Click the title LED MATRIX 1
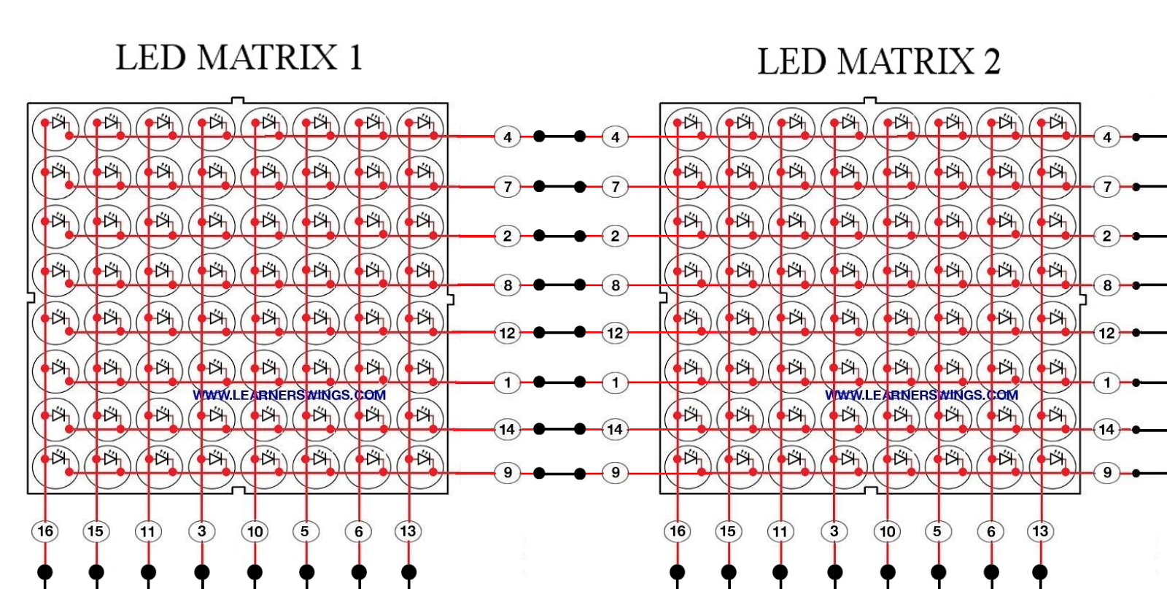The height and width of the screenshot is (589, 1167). (x=239, y=58)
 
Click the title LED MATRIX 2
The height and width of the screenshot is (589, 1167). (x=878, y=61)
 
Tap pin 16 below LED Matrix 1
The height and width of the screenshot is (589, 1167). (x=45, y=531)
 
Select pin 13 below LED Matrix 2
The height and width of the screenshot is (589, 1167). (x=1040, y=531)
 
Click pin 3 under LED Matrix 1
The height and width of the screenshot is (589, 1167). (x=202, y=531)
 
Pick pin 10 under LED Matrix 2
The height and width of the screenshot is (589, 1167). (x=887, y=531)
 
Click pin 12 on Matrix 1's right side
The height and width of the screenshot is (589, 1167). (x=507, y=334)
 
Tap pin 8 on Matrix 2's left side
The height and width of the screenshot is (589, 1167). (x=615, y=285)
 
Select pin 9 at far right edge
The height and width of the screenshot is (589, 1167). (x=1107, y=472)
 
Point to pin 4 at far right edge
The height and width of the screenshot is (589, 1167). (x=1107, y=137)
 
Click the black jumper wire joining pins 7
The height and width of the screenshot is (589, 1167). (x=559, y=187)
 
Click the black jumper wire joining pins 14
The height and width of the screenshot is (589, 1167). (x=559, y=429)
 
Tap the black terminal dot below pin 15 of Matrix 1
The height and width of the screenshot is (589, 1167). (x=96, y=571)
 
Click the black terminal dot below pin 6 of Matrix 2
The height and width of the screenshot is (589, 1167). (x=990, y=571)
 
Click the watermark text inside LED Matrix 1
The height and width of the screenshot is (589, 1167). (x=289, y=395)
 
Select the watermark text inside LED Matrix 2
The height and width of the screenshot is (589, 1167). (x=921, y=395)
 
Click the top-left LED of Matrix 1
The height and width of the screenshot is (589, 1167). (x=55, y=128)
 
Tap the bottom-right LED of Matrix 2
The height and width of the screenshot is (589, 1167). (x=1052, y=464)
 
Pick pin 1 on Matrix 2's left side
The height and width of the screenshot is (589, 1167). (x=615, y=382)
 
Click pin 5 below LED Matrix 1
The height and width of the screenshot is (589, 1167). (x=305, y=531)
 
